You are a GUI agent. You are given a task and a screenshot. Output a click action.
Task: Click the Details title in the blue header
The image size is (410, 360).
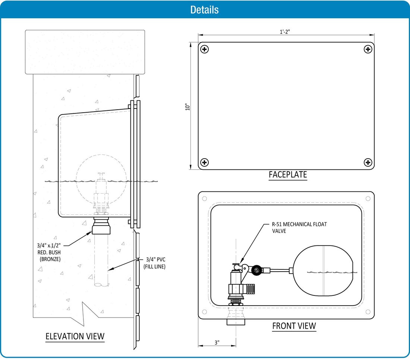coord(204,9)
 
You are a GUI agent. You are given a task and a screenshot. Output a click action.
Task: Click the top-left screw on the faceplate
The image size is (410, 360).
coord(205,49)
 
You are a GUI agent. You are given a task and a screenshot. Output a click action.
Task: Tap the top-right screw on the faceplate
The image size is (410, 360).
coord(368,49)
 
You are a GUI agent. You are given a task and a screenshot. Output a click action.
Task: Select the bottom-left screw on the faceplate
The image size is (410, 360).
coord(205,162)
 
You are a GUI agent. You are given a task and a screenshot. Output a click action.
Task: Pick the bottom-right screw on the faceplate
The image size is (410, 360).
coord(368,162)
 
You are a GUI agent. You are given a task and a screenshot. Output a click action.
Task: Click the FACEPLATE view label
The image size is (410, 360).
coord(288,174)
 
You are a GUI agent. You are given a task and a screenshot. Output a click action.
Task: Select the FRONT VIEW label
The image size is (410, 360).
coord(294,326)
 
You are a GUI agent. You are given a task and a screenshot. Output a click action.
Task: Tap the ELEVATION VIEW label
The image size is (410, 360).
coord(75,336)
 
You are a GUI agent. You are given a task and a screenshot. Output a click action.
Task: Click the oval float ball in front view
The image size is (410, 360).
coord(323,270)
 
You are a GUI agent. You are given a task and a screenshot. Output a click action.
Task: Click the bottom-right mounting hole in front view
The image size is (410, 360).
coord(368,312)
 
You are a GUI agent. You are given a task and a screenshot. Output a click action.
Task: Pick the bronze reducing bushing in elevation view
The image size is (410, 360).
coord(101,226)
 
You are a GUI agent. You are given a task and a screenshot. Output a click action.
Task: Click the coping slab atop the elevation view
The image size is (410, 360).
coord(85,52)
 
